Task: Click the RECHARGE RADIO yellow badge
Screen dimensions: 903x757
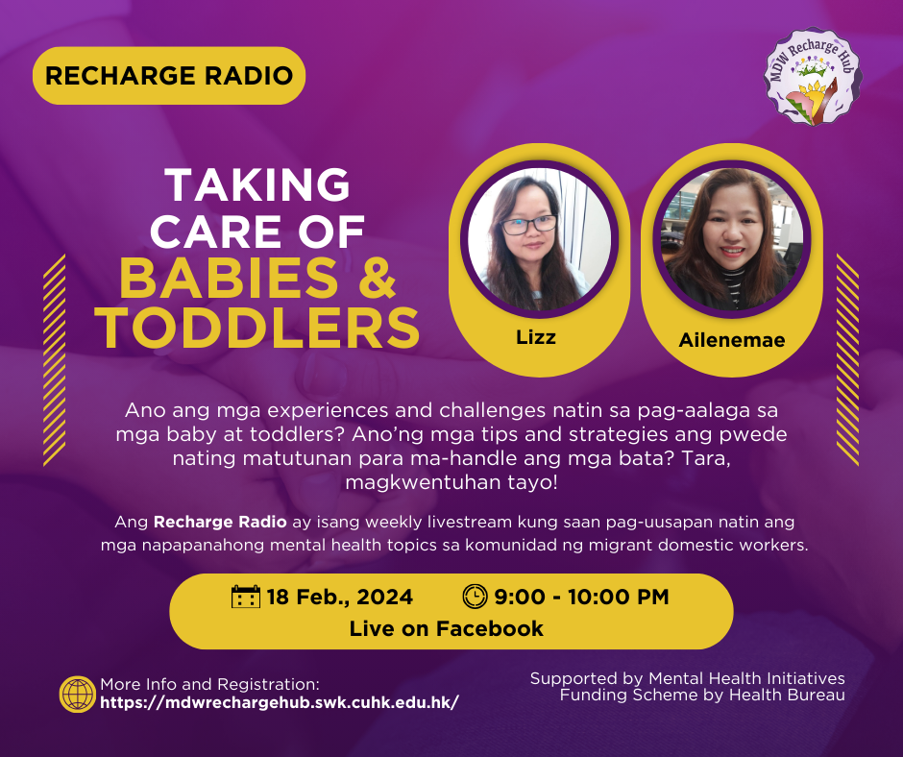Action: pos(169,76)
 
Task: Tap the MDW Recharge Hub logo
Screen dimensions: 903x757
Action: pos(813,77)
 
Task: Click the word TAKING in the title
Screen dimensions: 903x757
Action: pos(257,184)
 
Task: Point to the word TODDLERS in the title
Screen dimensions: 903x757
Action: pos(257,328)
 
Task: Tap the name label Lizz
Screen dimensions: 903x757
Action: pos(536,337)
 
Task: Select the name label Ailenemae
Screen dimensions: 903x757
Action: pos(732,340)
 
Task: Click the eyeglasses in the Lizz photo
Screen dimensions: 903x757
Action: pos(528,225)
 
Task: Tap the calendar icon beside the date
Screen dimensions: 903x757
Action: pos(246,597)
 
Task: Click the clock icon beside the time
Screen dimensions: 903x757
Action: pos(476,597)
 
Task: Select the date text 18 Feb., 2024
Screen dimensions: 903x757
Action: pos(340,597)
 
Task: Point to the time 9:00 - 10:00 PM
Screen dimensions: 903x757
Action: pos(581,597)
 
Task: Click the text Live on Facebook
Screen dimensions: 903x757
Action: pos(447,628)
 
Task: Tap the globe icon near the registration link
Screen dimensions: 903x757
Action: pos(78,695)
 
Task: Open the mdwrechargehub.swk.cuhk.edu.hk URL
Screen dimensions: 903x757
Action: pos(280,703)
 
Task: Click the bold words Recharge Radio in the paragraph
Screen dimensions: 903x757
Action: pos(220,522)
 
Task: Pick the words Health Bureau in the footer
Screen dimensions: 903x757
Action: pos(787,695)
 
